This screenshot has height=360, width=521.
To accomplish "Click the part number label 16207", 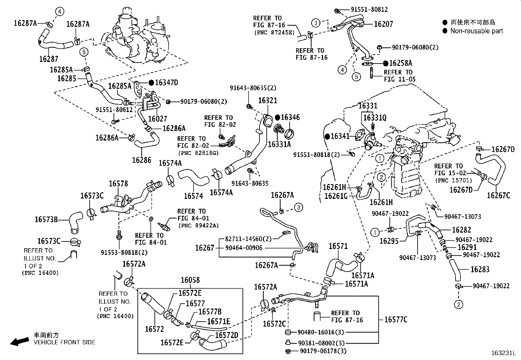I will [383, 24].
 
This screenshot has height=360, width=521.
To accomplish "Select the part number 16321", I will [267, 101].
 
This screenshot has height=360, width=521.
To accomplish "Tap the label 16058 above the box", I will [190, 280].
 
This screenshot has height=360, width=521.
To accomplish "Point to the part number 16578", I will [118, 184].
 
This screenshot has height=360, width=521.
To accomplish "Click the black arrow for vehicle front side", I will [19, 342].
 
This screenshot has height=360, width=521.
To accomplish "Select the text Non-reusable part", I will [476, 31].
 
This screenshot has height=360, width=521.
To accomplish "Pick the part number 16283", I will [480, 270].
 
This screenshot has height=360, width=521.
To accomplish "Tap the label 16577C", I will [396, 319].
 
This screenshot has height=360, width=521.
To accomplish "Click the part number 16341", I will [340, 136].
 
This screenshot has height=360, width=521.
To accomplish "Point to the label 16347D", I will [166, 83].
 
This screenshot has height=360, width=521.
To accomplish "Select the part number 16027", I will [157, 119].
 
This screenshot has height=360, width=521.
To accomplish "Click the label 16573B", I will [46, 219].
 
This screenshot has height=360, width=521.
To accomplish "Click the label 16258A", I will [401, 63].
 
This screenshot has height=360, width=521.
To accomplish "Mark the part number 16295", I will [389, 241].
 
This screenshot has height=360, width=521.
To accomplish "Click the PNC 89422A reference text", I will [198, 225].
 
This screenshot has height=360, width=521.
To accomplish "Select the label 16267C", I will [498, 196].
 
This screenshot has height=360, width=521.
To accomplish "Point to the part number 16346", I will [290, 117].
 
